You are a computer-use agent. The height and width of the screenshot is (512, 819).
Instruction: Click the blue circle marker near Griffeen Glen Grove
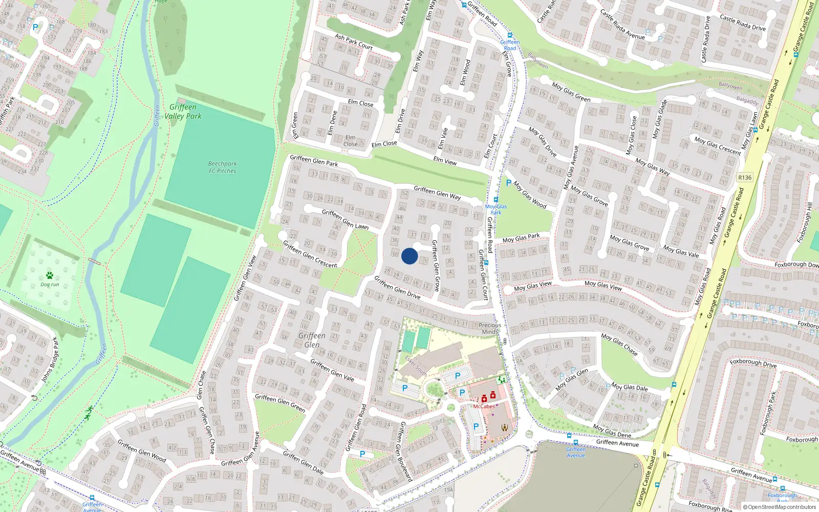pos(409,256)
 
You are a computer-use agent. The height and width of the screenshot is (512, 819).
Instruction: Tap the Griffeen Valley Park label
pos(183,112)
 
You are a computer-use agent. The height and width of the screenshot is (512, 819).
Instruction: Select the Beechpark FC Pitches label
pos(223,167)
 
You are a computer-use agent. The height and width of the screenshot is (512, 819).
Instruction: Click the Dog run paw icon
pos(50,275)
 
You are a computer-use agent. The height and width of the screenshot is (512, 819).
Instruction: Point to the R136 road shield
pos(745,178)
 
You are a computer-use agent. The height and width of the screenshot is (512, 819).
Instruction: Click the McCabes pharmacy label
pos(484,407)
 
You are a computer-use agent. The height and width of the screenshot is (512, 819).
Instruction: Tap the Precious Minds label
pos(490,328)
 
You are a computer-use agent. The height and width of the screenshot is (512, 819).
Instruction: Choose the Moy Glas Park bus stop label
pos(496,209)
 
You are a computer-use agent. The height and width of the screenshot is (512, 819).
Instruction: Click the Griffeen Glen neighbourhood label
pos(312,339)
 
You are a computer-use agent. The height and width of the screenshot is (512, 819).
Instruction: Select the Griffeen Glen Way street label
pos(437,193)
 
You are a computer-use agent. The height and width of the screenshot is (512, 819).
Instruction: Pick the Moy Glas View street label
pos(533,286)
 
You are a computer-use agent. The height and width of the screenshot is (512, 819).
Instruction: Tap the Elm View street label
pos(445,161)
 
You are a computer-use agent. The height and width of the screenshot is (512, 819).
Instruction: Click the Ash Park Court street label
pos(354,41)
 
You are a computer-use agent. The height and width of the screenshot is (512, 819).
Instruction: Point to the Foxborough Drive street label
pos(753,364)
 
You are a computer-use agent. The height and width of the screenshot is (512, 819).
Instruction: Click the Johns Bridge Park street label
pos(50,359)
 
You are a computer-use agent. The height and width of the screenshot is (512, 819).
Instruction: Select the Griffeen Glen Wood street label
pos(142,451)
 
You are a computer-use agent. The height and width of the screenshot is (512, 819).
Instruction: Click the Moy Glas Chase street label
pos(620,345)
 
